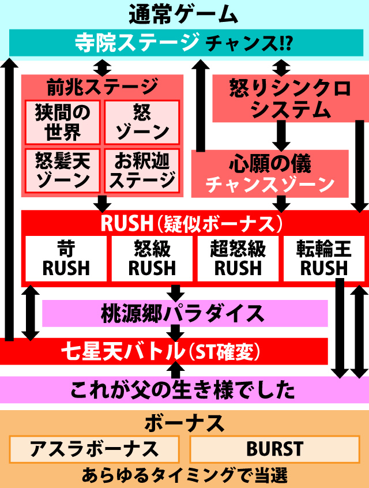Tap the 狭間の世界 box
click(62, 122)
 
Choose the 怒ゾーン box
click(142, 122)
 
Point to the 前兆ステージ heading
click(101, 87)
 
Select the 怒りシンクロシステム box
click(283, 99)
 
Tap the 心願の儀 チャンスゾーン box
click(270, 174)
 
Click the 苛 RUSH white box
click(66, 259)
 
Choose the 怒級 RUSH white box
click(152, 259)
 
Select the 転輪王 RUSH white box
click(323, 259)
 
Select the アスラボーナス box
click(95, 449)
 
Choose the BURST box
click(274, 449)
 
